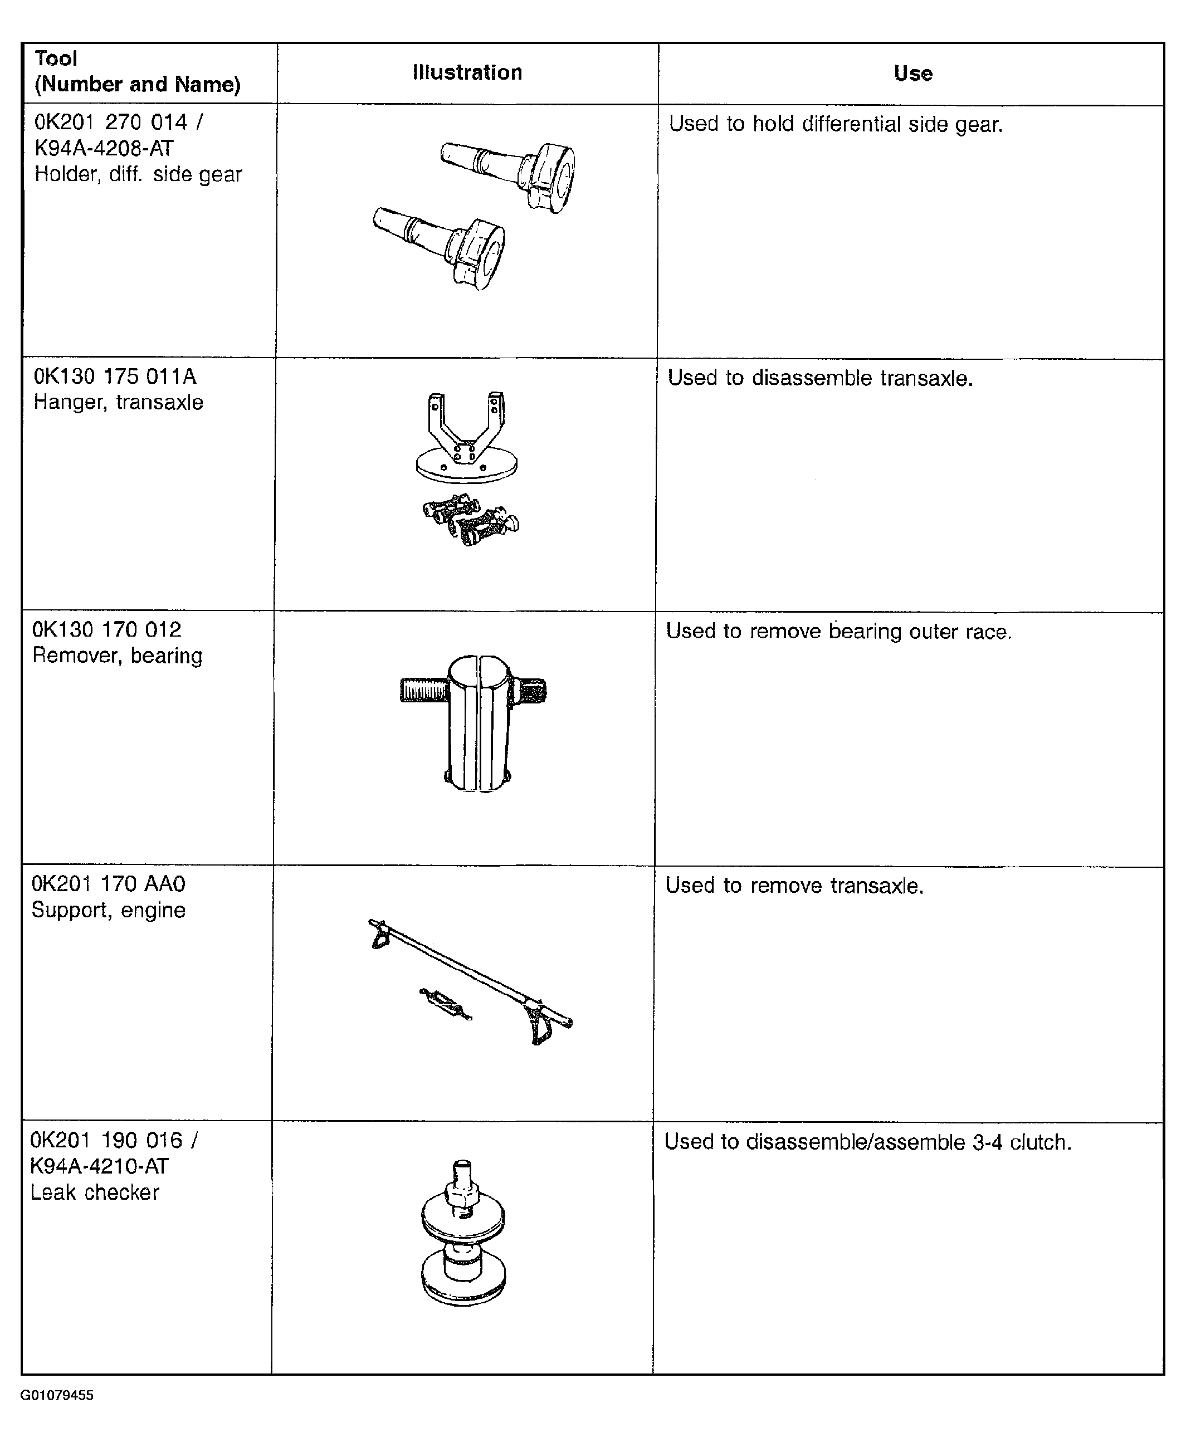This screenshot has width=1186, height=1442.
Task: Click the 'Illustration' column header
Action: coord(467,72)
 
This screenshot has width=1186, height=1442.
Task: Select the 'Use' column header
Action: coord(912,73)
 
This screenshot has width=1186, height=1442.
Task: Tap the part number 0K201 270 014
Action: coord(111,123)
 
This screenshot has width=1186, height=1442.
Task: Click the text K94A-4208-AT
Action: coord(104,148)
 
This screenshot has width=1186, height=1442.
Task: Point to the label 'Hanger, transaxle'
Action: coord(118,402)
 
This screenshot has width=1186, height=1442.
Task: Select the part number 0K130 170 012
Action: coord(108,629)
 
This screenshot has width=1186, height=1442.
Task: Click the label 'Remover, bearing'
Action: coord(118,656)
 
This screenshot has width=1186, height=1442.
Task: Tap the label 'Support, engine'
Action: coord(109,910)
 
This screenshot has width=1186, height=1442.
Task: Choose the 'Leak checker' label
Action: coord(95,1192)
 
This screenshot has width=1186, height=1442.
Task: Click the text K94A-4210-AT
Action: coord(99,1166)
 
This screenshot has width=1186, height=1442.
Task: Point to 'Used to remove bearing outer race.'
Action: coord(839,631)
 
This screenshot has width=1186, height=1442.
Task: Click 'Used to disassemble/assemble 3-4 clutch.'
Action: coord(868,1142)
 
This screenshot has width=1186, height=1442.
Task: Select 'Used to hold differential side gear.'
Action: coord(836,124)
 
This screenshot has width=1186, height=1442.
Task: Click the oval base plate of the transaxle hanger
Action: coord(467,467)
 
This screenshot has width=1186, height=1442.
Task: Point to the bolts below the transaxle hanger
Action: coord(471,521)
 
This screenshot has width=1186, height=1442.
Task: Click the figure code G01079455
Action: coord(57,1395)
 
